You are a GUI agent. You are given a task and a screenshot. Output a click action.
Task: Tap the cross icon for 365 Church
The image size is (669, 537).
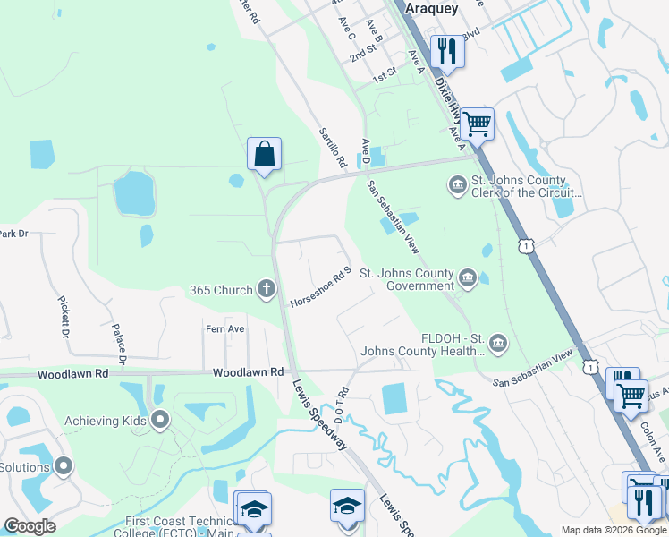pyautogui.click(x=266, y=289)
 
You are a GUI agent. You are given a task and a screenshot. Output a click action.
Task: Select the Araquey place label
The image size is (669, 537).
pyautogui.click(x=432, y=8)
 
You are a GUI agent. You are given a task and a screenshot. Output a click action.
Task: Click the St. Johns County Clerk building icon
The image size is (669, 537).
pyautogui.click(x=457, y=185)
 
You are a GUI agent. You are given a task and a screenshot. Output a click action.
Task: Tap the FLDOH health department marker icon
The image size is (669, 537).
pyautogui.click(x=498, y=341)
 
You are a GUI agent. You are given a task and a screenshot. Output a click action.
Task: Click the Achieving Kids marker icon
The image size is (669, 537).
pyautogui.click(x=161, y=419)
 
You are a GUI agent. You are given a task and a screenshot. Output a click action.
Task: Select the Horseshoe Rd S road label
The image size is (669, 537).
pyautogui.click(x=319, y=287)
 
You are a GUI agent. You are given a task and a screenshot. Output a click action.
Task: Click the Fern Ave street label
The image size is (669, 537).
pyautogui.click(x=224, y=329)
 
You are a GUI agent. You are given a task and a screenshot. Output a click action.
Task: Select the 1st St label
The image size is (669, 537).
pyautogui.click(x=385, y=78)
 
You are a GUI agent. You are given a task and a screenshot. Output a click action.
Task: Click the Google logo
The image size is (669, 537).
pyautogui.click(x=30, y=526)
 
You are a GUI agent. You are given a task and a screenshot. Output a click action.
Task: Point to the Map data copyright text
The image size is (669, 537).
pyautogui.click(x=613, y=530)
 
